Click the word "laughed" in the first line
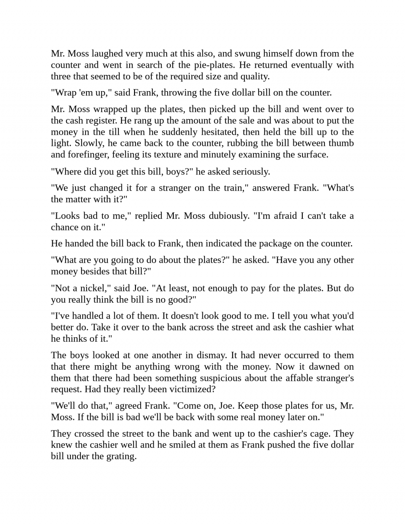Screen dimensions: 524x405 click(107, 53)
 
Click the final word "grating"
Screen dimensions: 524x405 click(121, 456)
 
